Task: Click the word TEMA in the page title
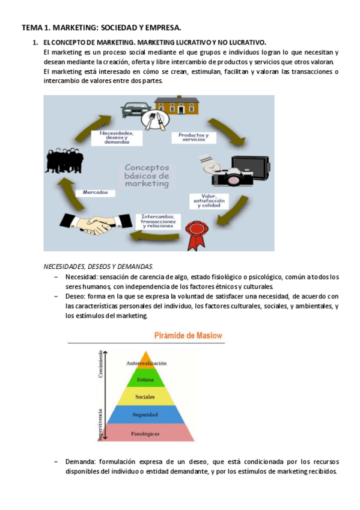pyautogui.click(x=30, y=28)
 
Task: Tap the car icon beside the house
pyautogui.click(x=135, y=109)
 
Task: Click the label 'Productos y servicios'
pyautogui.click(x=194, y=138)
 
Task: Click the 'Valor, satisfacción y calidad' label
pyautogui.click(x=206, y=201)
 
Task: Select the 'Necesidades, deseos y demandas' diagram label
pyautogui.click(x=117, y=137)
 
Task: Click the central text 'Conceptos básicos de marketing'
pyautogui.click(x=147, y=176)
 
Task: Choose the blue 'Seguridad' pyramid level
pyautogui.click(x=145, y=415)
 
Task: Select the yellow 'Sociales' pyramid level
pyautogui.click(x=145, y=397)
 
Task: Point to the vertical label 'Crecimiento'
pyautogui.click(x=102, y=364)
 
